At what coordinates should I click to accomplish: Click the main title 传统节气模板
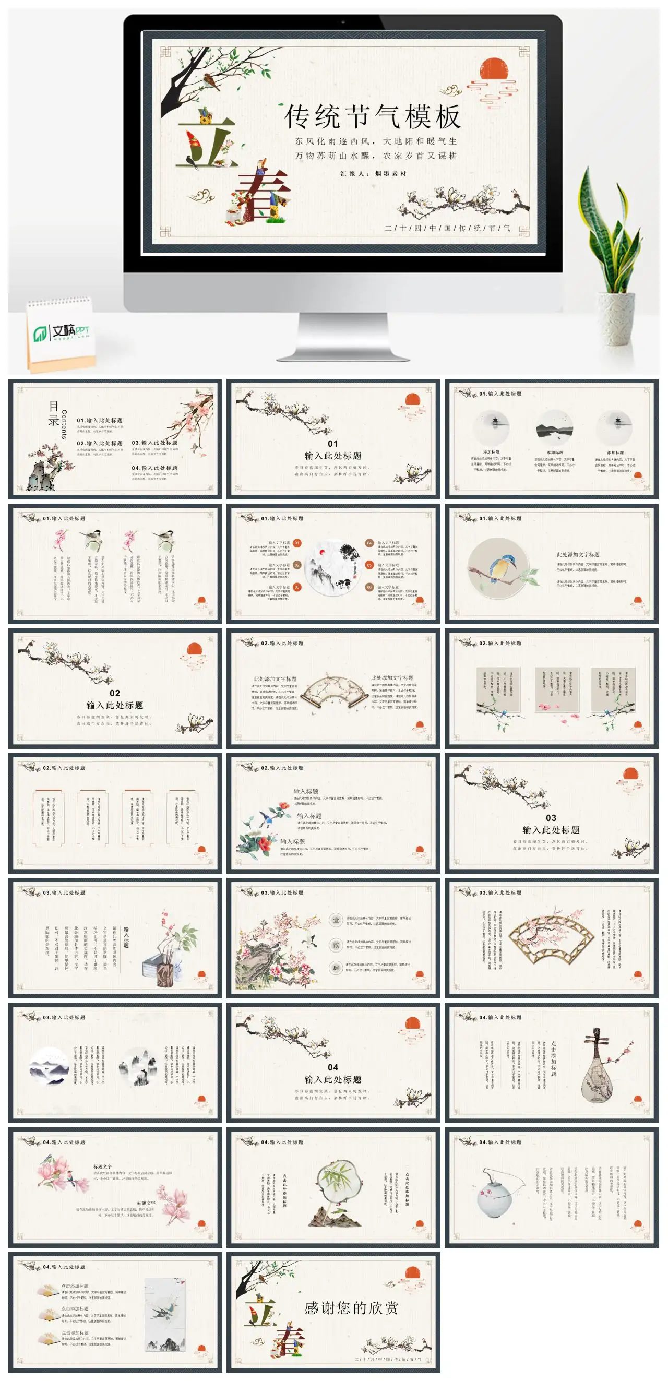click(372, 116)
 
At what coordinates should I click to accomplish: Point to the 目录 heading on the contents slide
click(53, 413)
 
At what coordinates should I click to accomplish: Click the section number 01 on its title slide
click(333, 443)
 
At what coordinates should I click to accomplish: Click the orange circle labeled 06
click(369, 587)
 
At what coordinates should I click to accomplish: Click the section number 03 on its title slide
click(551, 817)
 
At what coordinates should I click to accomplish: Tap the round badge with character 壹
click(336, 920)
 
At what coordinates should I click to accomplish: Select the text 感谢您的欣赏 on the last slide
click(351, 1308)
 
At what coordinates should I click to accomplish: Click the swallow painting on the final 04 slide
click(165, 1314)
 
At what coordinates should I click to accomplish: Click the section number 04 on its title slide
click(333, 1067)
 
